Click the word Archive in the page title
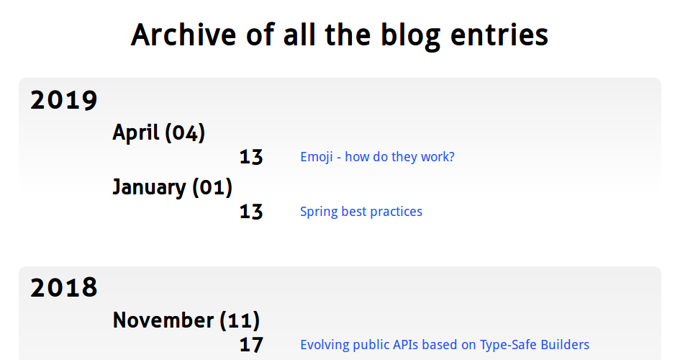click(183, 35)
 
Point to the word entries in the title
click(499, 35)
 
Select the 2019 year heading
click(64, 100)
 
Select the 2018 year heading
click(64, 287)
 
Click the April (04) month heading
click(159, 132)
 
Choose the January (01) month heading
click(173, 187)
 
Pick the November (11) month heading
click(186, 320)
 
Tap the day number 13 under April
click(251, 157)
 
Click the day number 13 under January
click(251, 212)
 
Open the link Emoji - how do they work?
click(377, 156)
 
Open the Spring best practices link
click(361, 212)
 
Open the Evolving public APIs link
click(445, 345)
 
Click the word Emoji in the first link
click(317, 157)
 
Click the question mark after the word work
click(451, 156)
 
